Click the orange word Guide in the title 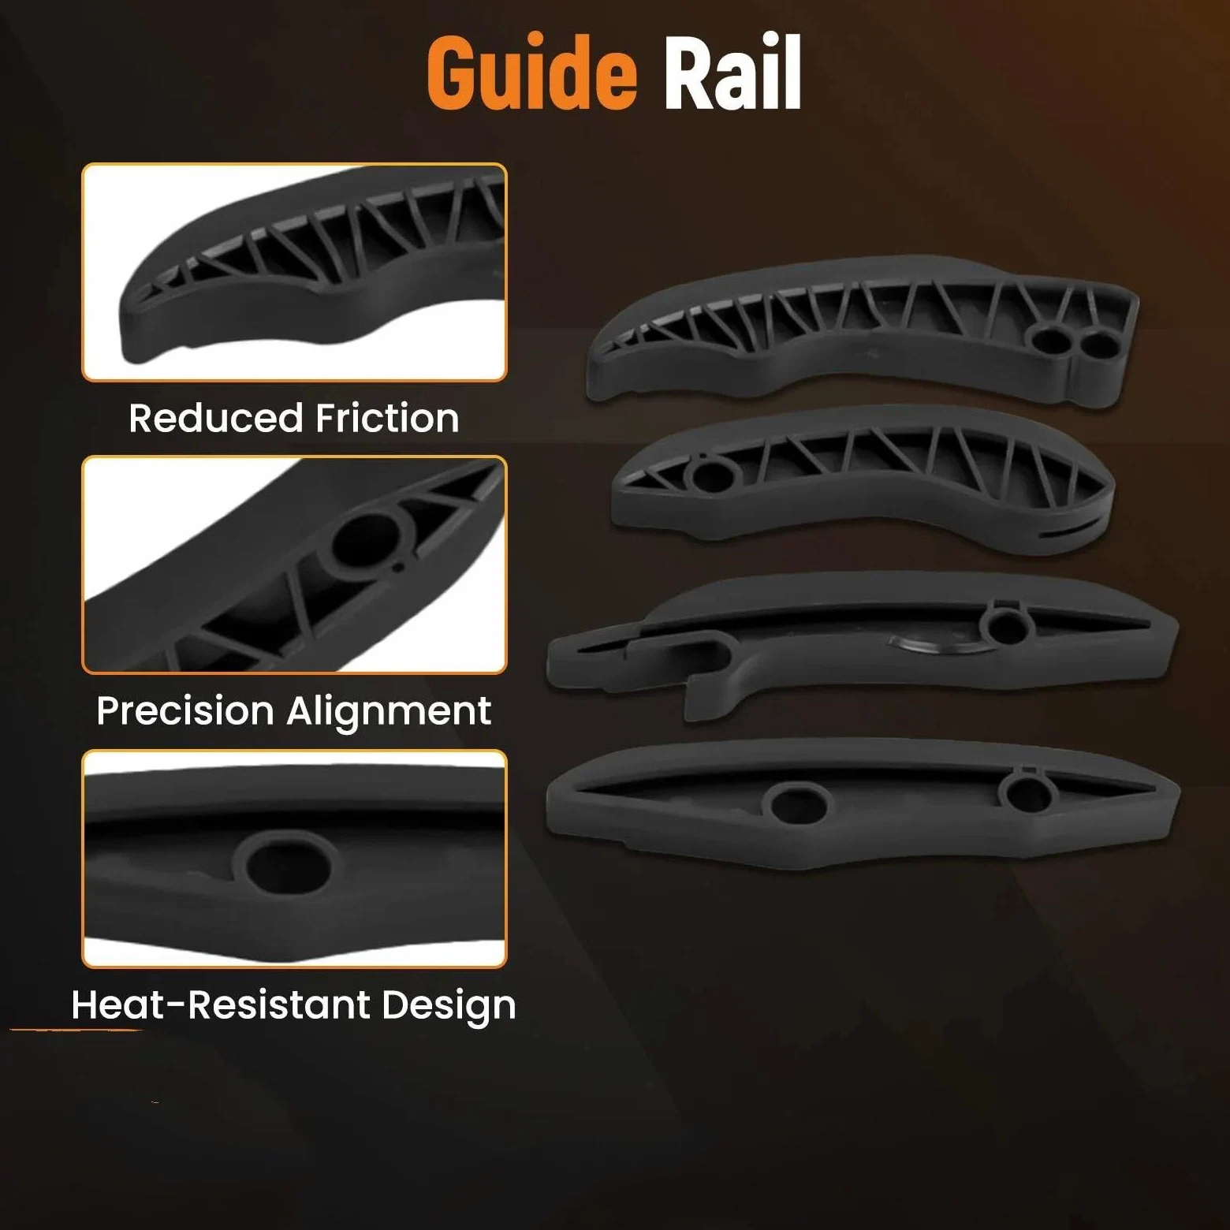pyautogui.click(x=531, y=73)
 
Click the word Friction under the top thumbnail pyautogui.click(x=387, y=418)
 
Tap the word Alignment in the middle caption pyautogui.click(x=389, y=712)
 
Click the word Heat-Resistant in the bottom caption pyautogui.click(x=221, y=1004)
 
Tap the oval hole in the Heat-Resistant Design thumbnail pyautogui.click(x=289, y=866)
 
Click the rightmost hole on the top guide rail pyautogui.click(x=1098, y=345)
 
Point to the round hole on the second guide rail pyautogui.click(x=712, y=476)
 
